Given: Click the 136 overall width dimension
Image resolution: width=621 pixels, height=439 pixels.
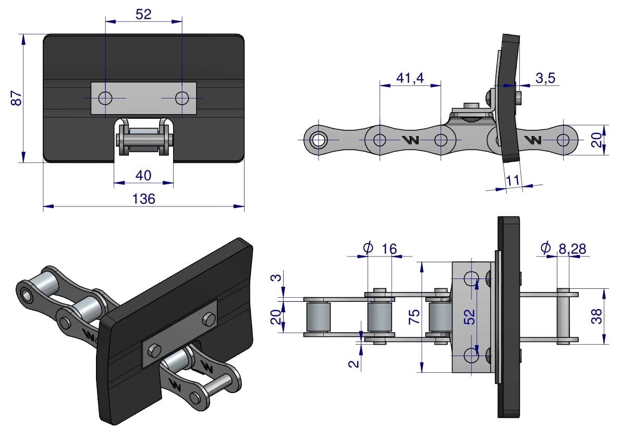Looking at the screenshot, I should (x=143, y=199).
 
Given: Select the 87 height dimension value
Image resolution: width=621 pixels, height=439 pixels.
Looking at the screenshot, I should (x=17, y=98).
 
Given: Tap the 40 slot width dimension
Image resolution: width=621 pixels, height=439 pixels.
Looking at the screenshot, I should (x=143, y=175).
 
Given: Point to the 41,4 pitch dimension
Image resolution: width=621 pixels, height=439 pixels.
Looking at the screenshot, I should (x=410, y=78).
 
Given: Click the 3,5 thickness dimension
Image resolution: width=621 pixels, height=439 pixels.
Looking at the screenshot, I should (x=545, y=78).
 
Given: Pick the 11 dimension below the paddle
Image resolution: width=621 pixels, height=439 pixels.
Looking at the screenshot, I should (x=513, y=180).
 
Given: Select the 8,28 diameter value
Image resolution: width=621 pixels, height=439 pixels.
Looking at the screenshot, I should (x=572, y=249).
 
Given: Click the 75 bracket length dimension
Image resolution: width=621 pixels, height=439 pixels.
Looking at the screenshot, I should (x=414, y=316).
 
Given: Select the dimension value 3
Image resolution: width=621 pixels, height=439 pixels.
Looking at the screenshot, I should (x=276, y=277).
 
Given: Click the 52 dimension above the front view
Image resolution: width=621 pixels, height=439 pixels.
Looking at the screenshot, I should (x=143, y=14).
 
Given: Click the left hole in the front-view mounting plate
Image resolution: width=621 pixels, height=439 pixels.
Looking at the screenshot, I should (x=105, y=98).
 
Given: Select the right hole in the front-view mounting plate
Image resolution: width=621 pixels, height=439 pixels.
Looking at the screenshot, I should (x=182, y=98).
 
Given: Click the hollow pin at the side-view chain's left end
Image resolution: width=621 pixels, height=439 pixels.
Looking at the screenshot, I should (x=317, y=140).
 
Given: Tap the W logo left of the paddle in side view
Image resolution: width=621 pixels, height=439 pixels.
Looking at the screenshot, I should (x=410, y=140).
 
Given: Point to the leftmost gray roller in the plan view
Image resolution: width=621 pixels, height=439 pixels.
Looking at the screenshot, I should (x=316, y=316).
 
